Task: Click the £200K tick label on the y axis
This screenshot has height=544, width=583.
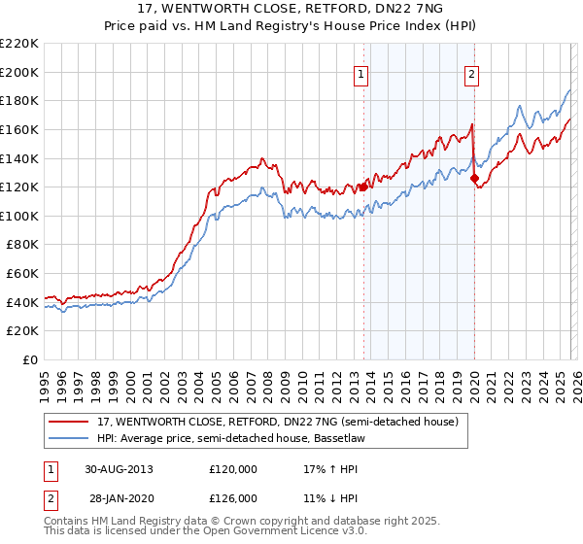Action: point(20,72)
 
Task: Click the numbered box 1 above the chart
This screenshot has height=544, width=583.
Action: point(361,73)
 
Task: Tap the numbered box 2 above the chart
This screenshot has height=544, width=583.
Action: point(471,73)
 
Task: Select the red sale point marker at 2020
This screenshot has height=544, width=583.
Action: point(474,179)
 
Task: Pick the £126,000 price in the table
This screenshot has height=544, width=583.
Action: point(232,497)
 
